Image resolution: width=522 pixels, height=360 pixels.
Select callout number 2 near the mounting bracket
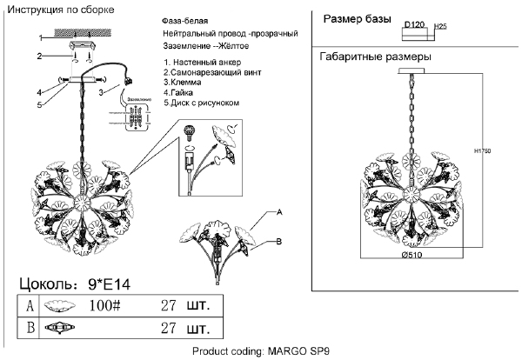pos(39,57)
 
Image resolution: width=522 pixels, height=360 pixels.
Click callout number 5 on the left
pos(39,105)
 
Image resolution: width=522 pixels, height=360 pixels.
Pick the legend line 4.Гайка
pos(184,93)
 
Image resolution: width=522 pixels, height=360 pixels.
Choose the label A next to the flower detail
pos(280,213)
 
